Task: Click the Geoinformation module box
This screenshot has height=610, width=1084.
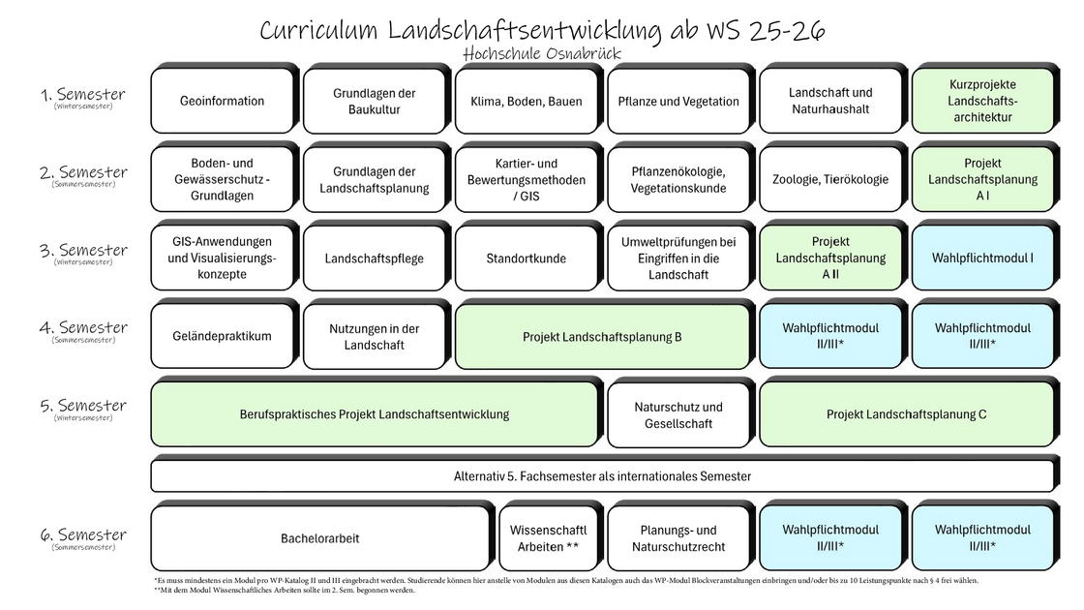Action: pyautogui.click(x=222, y=102)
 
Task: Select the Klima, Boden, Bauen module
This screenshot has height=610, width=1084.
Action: pyautogui.click(x=527, y=102)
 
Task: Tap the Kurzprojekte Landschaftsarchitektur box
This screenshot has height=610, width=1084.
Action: pyautogui.click(x=981, y=102)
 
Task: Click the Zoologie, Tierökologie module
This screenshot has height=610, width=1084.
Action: pyautogui.click(x=829, y=180)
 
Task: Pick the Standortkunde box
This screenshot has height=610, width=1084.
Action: pyautogui.click(x=527, y=259)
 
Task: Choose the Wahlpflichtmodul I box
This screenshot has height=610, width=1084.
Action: pyautogui.click(x=981, y=259)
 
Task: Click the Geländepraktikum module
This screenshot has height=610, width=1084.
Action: pyautogui.click(x=222, y=337)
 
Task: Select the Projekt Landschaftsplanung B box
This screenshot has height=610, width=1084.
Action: pyautogui.click(x=602, y=337)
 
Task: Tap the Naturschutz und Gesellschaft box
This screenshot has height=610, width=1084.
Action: pyautogui.click(x=677, y=414)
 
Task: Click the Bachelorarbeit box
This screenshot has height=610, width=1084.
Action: pyautogui.click(x=319, y=538)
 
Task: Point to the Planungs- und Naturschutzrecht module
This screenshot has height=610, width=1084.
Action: pyautogui.click(x=677, y=538)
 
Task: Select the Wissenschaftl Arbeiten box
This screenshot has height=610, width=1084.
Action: pyautogui.click(x=548, y=538)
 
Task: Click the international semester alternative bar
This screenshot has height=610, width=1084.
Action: pyautogui.click(x=602, y=476)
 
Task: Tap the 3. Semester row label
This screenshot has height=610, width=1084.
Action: pyautogui.click(x=84, y=251)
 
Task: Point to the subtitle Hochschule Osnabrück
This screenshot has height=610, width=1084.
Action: pyautogui.click(x=541, y=53)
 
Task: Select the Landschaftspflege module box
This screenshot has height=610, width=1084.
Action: pyautogui.click(x=374, y=259)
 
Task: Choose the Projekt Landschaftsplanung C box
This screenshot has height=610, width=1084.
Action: pyautogui.click(x=906, y=414)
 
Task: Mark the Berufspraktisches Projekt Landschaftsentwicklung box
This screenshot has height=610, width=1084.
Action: pyautogui.click(x=374, y=414)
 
